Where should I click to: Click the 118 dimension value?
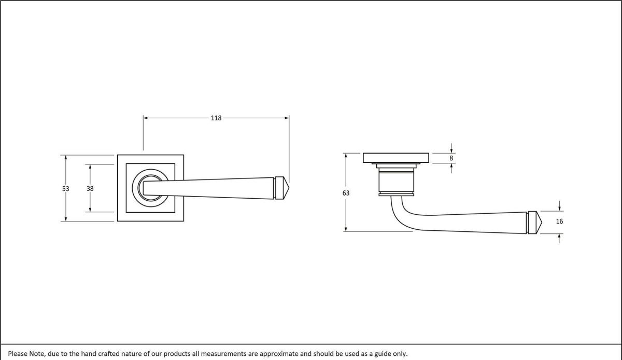tap(216, 118)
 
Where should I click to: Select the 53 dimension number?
tap(66, 189)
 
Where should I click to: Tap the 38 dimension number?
tap(90, 189)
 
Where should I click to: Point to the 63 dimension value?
tap(346, 193)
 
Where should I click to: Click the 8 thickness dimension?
tap(451, 158)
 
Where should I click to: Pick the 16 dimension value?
tap(559, 221)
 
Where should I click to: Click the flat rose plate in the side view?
tap(396, 158)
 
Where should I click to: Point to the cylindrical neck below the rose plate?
tap(397, 179)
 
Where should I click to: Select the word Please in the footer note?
tap(18, 354)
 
